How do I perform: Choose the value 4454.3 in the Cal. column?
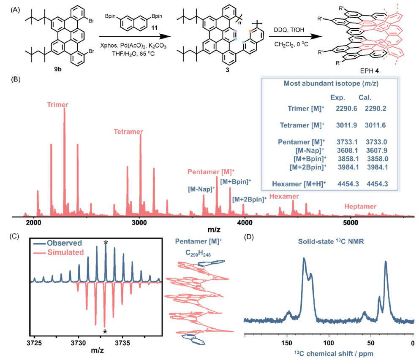point(373,184)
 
